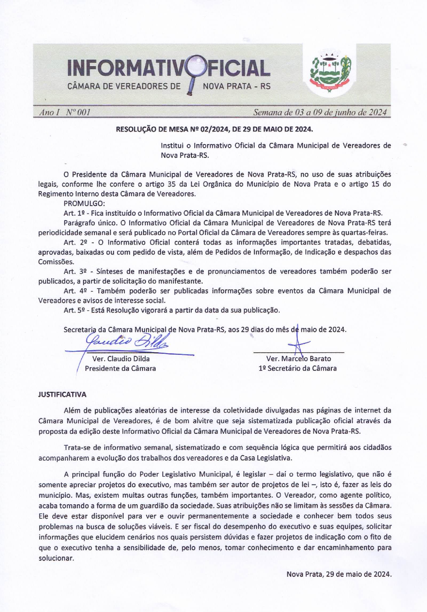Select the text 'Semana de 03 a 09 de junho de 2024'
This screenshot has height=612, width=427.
click(320, 113)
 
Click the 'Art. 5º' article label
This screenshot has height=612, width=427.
click(74, 310)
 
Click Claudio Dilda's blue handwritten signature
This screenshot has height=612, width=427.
click(126, 343)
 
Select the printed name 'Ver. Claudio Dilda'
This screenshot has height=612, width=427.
click(121, 359)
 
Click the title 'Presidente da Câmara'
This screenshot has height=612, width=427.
click(120, 368)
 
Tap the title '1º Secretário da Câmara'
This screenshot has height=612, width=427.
click(297, 368)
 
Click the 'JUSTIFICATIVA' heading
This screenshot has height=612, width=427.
click(62, 395)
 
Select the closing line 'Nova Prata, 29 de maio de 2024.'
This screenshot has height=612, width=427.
click(339, 574)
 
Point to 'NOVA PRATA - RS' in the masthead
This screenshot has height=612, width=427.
click(237, 86)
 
